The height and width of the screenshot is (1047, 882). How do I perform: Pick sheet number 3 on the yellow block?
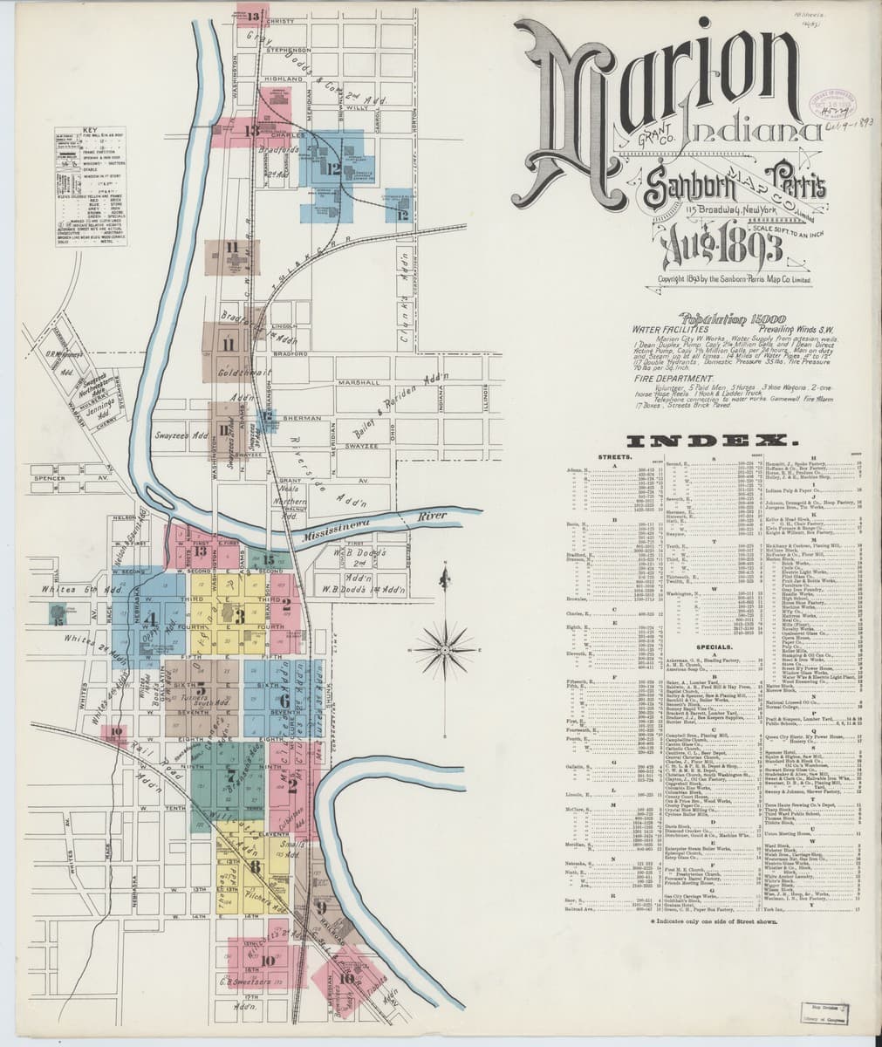(x=238, y=617)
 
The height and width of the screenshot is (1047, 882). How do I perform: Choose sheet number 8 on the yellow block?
(x=254, y=866)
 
